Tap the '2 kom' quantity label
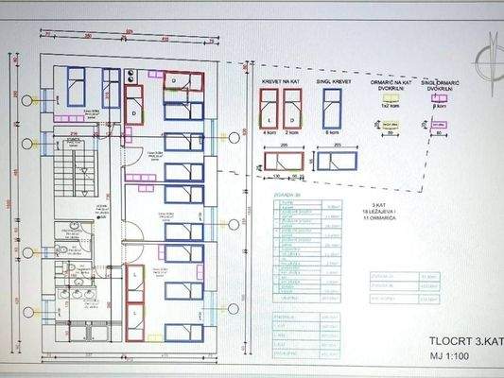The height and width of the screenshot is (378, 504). (x=293, y=134)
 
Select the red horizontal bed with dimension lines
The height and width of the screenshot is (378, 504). (x=282, y=160)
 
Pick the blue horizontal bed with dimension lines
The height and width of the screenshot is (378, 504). (x=338, y=161)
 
